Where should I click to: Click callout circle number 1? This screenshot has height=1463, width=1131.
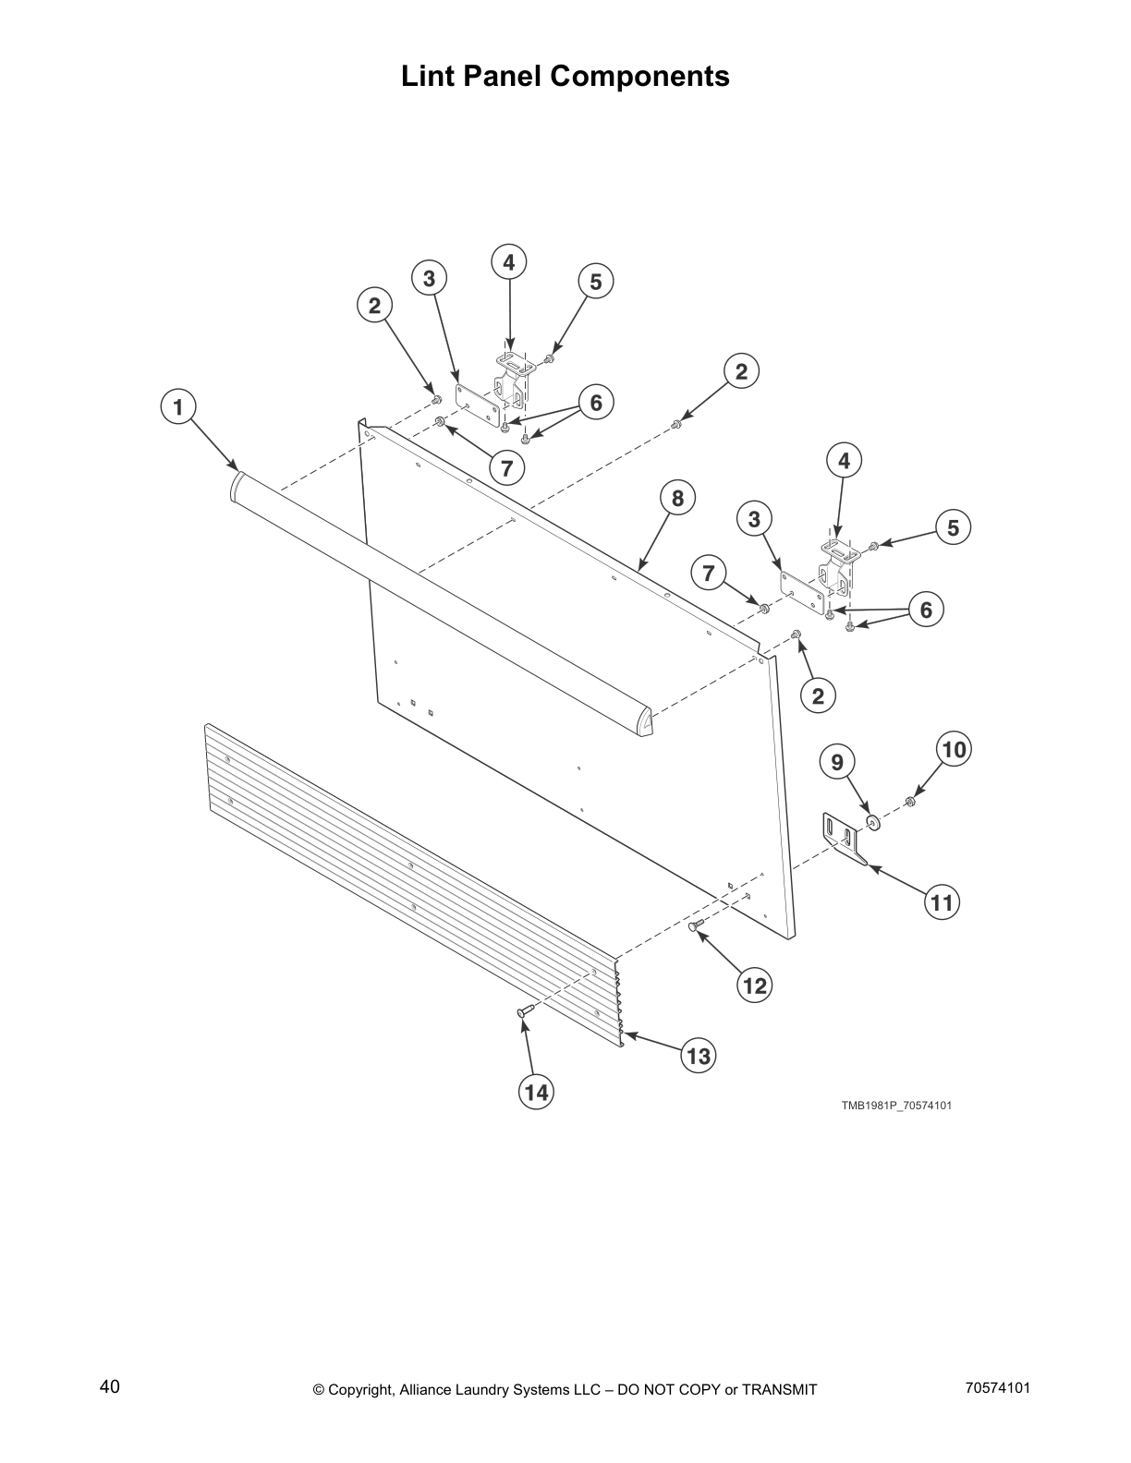click(178, 406)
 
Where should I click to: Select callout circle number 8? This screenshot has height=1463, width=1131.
click(677, 499)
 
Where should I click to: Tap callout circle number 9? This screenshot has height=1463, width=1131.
click(837, 762)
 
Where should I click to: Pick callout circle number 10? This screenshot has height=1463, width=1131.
click(955, 749)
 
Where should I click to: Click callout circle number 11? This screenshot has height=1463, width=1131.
click(942, 901)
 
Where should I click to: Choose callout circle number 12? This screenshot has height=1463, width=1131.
click(755, 986)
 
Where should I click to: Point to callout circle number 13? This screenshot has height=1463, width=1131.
click(699, 1055)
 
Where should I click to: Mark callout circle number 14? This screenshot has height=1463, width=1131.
click(536, 1093)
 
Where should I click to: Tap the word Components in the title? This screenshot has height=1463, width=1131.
click(639, 76)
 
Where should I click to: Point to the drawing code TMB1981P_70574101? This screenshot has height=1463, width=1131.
click(895, 1105)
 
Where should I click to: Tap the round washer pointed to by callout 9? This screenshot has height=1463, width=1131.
click(870, 821)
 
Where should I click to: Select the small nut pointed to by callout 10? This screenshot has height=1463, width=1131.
click(910, 800)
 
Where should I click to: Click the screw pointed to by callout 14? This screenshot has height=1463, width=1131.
click(523, 1014)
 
